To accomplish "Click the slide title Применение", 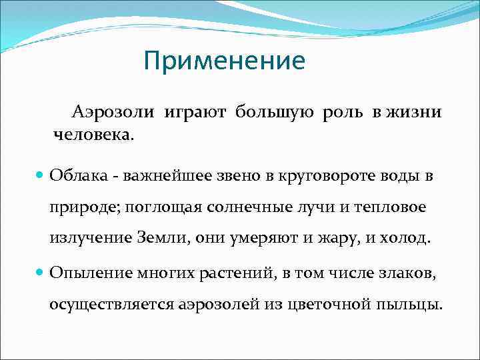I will point(224,61).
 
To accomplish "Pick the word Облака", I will point(76,176).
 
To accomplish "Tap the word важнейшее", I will point(164,176).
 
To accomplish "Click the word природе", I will point(80,208).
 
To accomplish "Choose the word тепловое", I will point(389,208).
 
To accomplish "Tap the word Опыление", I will point(86,274).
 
